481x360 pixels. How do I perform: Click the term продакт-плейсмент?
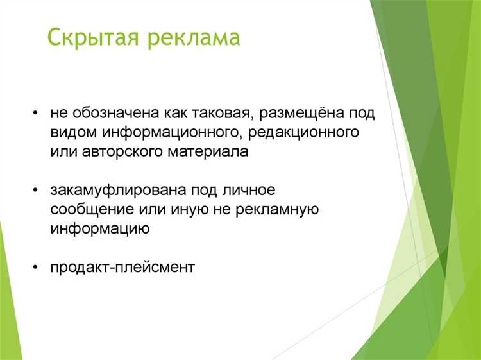coord(122,267)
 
